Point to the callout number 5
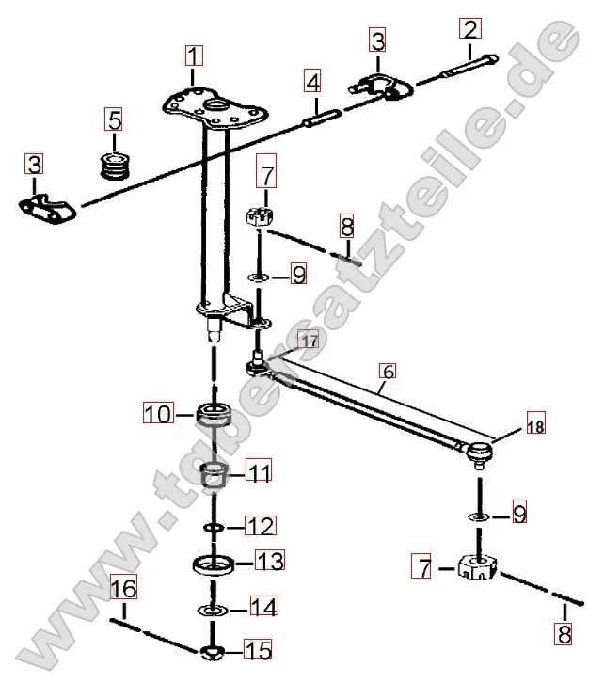[113, 120]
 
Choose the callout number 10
[157, 412]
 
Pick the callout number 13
[269, 563]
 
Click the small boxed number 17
[309, 339]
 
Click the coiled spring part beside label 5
[115, 166]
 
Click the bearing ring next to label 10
[215, 414]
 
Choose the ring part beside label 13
[215, 565]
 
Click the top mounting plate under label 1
[213, 109]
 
